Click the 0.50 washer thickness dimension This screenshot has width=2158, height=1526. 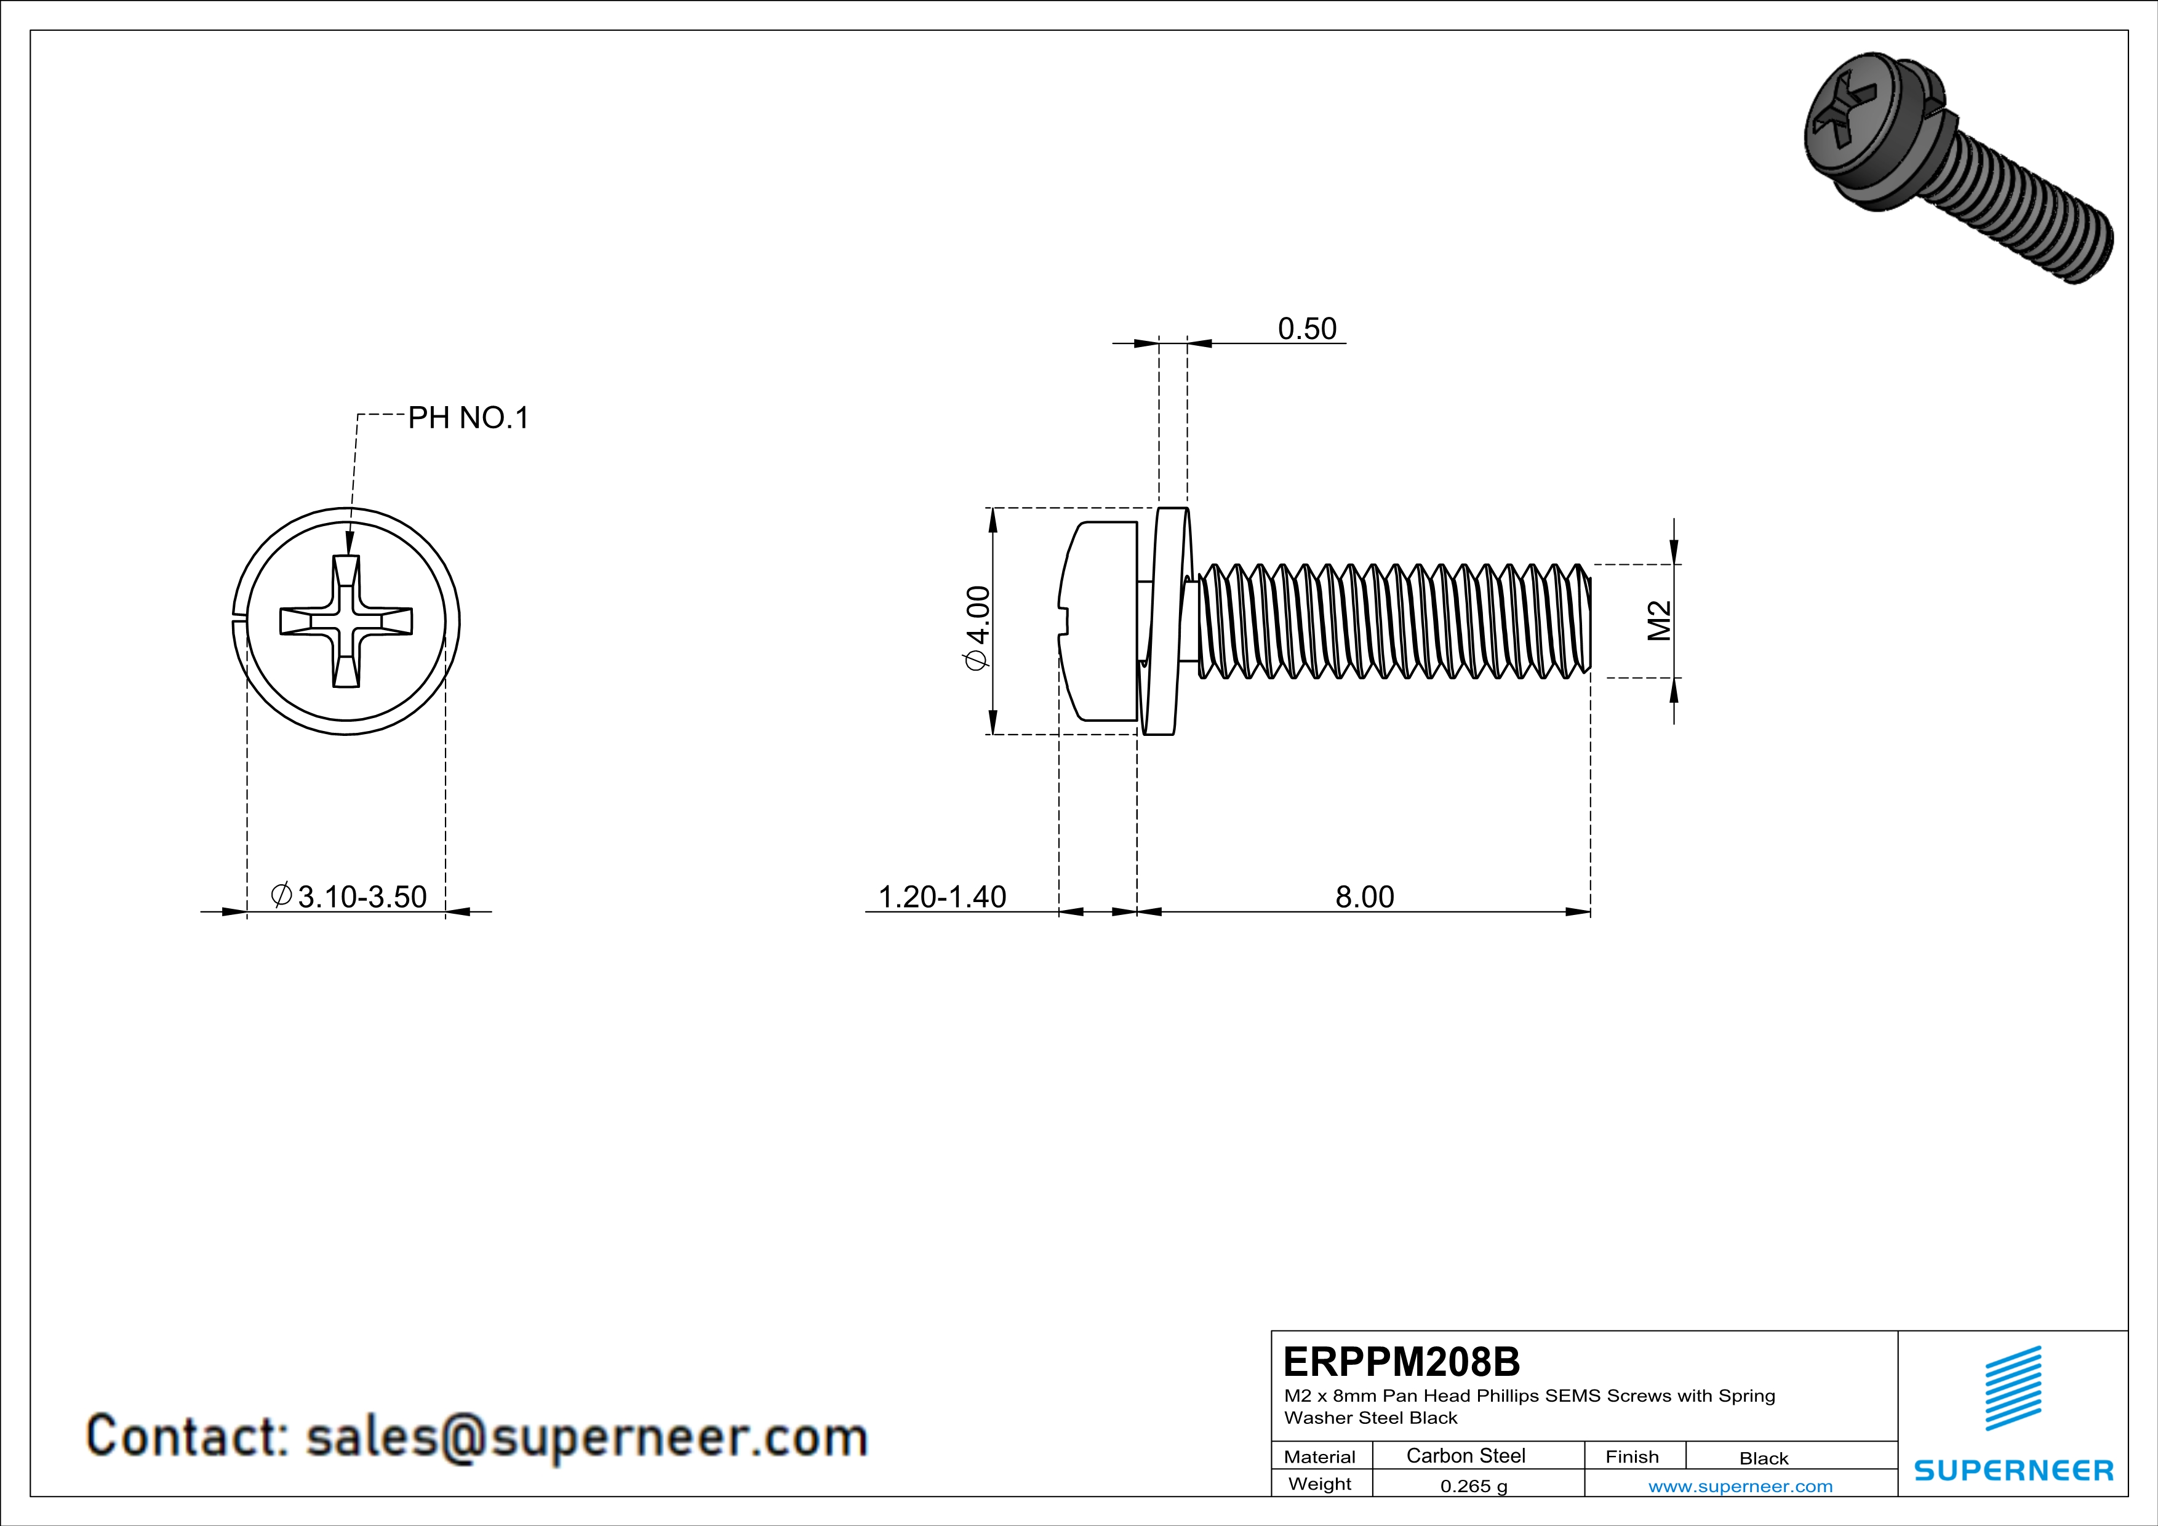click(x=1306, y=329)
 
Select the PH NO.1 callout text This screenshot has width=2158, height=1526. click(x=468, y=418)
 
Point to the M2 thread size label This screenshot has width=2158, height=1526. click(x=1660, y=620)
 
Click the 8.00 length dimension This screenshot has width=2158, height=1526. click(x=1365, y=897)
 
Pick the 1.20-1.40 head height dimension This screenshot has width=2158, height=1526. click(x=941, y=897)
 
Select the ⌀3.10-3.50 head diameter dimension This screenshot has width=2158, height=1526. click(x=350, y=897)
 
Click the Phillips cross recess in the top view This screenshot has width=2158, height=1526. click(x=346, y=621)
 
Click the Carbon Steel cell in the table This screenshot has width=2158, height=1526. click(x=1465, y=1455)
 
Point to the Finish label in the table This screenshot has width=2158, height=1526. click(x=1632, y=1456)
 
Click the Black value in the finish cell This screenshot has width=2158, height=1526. click(x=1763, y=1458)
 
